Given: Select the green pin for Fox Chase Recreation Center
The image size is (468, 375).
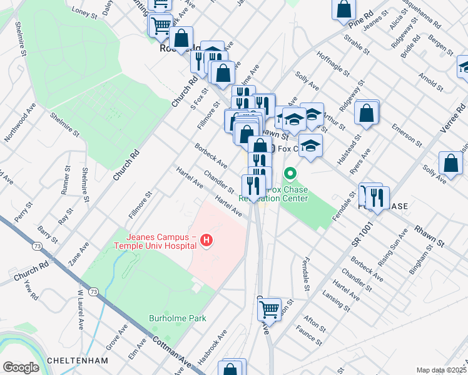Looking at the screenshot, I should (290, 172).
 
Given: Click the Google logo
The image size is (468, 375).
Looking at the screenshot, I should (21, 367).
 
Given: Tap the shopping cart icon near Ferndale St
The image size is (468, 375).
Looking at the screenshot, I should (270, 309).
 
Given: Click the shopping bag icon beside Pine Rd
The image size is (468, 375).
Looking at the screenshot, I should (345, 9).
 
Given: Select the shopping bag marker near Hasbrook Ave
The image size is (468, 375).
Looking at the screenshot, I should (231, 369).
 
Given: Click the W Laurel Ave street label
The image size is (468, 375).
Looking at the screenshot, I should (79, 310).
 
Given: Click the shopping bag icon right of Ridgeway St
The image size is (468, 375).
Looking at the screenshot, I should (367, 113).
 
